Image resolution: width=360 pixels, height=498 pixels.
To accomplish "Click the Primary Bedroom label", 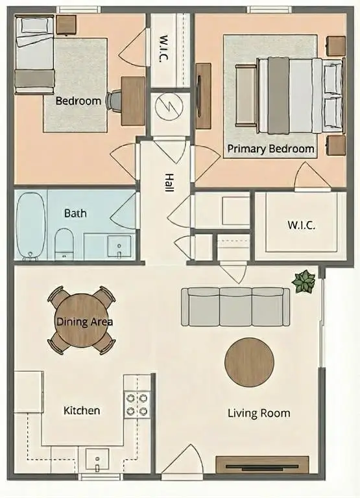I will (x=270, y=149).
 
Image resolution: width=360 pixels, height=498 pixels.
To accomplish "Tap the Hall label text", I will (x=169, y=181).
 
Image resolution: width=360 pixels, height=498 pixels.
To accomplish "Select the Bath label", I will (x=75, y=213).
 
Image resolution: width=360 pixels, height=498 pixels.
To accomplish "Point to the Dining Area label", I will (x=84, y=322).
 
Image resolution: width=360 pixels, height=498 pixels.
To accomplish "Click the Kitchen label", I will (x=82, y=410).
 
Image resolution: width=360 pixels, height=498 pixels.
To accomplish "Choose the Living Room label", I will (x=259, y=413).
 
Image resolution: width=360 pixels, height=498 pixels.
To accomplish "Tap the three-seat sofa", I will (x=235, y=307).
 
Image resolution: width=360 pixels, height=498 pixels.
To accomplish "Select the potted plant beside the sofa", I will (x=304, y=282).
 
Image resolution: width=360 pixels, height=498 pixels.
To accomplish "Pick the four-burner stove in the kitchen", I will (x=137, y=405).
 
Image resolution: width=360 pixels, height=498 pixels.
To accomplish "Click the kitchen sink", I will (x=97, y=461).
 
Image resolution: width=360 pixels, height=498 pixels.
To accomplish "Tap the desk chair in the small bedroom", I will (x=114, y=101).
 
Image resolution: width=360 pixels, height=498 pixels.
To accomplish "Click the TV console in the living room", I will (x=262, y=465).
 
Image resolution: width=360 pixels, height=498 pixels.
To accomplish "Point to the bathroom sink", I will (x=119, y=246).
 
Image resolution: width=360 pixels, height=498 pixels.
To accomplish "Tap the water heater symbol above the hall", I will (x=170, y=107).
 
